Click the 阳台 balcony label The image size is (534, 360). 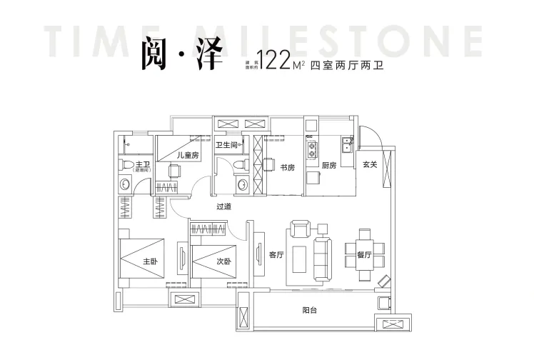pyautogui.click(x=311, y=310)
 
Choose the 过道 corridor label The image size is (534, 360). pyautogui.click(x=224, y=206)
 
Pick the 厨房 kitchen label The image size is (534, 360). pyautogui.click(x=329, y=165)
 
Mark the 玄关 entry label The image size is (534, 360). pyautogui.click(x=369, y=164)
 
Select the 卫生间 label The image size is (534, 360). pyautogui.click(x=227, y=145)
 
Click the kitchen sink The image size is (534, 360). pyautogui.click(x=346, y=148)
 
